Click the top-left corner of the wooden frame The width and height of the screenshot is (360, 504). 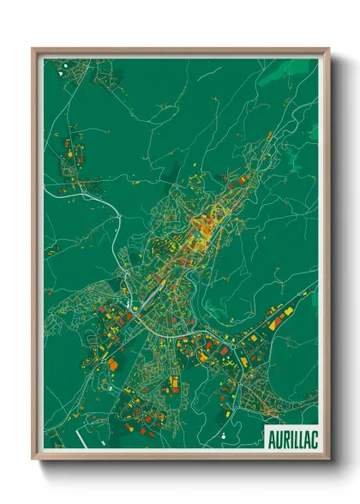pyautogui.click(x=33, y=48)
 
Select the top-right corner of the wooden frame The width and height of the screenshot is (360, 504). pyautogui.click(x=329, y=48)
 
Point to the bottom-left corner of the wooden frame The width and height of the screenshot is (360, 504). pyautogui.click(x=33, y=459)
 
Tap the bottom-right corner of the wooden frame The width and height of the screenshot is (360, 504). pyautogui.click(x=329, y=459)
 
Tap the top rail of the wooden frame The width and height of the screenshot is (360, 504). pyautogui.click(x=180, y=50)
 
